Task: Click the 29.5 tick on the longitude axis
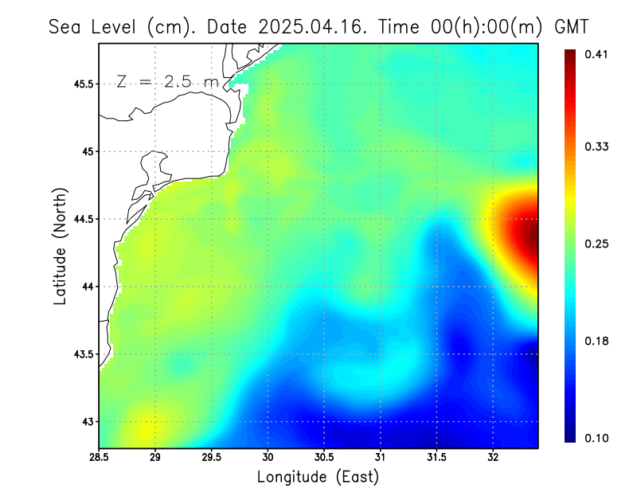pos(212,457)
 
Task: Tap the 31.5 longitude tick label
pos(436,457)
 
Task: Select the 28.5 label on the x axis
pos(100,457)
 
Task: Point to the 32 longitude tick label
pos(493,457)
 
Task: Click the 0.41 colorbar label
pos(596,54)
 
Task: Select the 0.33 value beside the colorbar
pos(596,146)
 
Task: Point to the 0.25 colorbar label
pos(596,244)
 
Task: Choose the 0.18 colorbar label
pos(596,341)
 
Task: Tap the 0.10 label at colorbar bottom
pos(596,438)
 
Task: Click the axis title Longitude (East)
pos(318,477)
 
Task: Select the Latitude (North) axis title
pos(61,246)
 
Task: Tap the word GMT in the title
pos(570,26)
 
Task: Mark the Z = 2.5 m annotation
pos(166,81)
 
